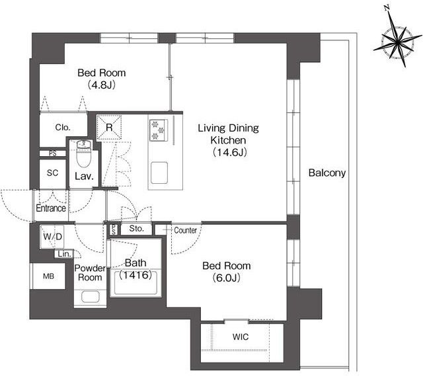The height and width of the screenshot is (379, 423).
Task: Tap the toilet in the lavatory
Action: (x=85, y=153)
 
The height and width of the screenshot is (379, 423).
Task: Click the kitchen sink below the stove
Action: (x=159, y=173)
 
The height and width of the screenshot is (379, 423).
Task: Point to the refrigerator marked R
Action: (x=109, y=128)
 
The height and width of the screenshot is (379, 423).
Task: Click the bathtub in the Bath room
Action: (x=135, y=282)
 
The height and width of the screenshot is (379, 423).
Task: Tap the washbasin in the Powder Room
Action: (x=90, y=297)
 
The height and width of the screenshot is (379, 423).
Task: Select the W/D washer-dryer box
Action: (x=52, y=237)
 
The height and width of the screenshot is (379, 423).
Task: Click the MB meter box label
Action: (x=48, y=276)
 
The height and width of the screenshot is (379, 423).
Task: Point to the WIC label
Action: (x=241, y=337)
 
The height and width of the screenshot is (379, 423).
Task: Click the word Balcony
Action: (x=327, y=173)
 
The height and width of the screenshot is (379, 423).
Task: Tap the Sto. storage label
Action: (x=137, y=229)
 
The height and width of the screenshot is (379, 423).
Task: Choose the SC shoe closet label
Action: (x=52, y=173)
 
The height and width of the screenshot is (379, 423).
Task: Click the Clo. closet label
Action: (x=63, y=128)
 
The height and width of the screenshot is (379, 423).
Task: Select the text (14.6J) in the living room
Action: (x=229, y=153)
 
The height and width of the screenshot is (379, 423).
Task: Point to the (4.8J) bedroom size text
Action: (x=101, y=85)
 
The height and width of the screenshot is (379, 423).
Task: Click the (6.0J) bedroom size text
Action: (x=226, y=278)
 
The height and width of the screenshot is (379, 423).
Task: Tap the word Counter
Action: (x=185, y=230)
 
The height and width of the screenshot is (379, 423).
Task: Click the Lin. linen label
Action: (x=65, y=254)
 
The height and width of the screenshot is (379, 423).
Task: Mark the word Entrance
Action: (x=51, y=208)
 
